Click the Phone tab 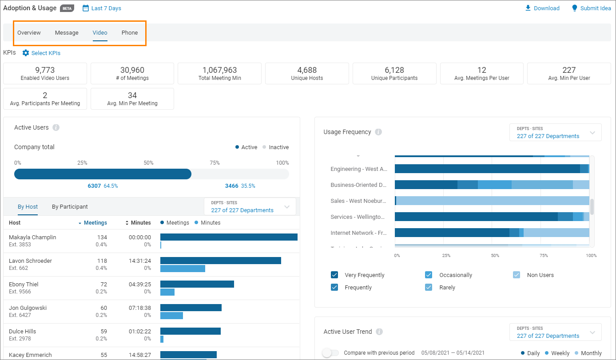130,33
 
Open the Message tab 67,33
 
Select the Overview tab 29,33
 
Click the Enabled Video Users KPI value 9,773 45,70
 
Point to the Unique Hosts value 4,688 307,70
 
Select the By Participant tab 70,206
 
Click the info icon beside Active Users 56,127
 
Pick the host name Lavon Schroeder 30,261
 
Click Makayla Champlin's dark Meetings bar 229,237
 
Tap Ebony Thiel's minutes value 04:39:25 139,285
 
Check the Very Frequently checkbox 334,275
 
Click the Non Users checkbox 517,275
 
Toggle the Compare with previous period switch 330,353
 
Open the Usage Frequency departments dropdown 555,133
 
